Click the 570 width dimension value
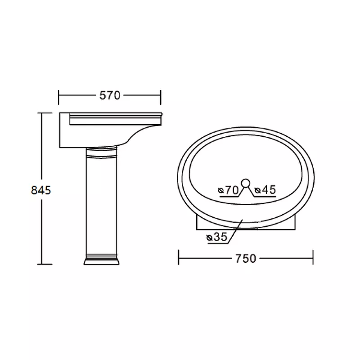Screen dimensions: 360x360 (110, 95)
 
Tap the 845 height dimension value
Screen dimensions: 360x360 (41, 190)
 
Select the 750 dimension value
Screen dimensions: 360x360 (245, 258)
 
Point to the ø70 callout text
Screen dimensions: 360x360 (228, 190)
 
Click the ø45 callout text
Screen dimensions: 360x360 (265, 190)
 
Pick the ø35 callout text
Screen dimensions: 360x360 (217, 237)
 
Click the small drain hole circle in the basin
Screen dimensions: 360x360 (246, 183)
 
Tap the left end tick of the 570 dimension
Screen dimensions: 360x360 (59, 97)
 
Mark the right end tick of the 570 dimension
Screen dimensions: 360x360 (161, 97)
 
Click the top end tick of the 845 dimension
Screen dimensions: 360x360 (45, 113)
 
